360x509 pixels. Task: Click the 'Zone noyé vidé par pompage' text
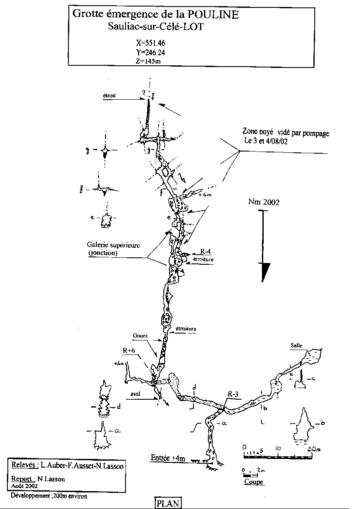point(285,132)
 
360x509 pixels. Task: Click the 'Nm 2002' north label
point(264,202)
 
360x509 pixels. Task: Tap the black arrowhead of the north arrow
point(264,273)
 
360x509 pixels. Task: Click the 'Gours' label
point(142,336)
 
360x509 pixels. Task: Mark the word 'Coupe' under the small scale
point(254,482)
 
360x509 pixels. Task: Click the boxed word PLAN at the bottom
point(168,503)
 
